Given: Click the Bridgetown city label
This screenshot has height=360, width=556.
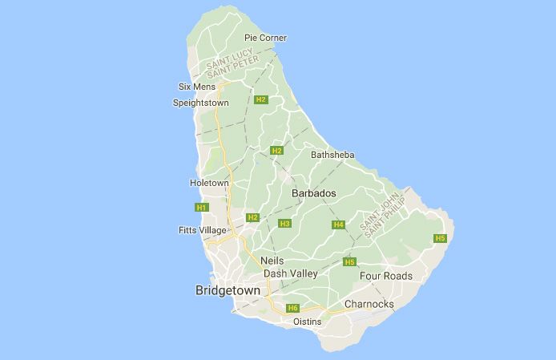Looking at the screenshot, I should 228,290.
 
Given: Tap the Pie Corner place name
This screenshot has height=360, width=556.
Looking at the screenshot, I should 265,38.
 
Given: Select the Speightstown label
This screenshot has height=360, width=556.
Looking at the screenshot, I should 201,103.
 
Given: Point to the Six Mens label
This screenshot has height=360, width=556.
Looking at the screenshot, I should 196,87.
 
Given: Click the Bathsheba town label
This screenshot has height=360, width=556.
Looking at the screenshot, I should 332,155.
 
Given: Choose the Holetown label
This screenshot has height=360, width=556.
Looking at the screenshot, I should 209,183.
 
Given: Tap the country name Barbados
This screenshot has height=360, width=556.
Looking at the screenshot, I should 313,194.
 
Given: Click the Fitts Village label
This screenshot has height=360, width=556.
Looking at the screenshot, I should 203,230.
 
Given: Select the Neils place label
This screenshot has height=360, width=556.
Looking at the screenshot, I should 272,261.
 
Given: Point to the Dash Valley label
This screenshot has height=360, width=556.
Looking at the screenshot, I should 291,273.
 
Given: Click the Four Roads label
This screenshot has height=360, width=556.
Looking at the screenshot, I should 386,276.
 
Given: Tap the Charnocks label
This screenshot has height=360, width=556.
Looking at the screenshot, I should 369,304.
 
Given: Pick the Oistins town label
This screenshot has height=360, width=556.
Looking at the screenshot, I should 308,322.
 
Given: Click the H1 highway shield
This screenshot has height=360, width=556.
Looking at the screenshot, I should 201,208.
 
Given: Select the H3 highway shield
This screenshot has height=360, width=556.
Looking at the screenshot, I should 284,224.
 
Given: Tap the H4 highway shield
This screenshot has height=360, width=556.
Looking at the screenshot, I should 339,224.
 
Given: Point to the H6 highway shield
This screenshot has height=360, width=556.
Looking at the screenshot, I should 293,308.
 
